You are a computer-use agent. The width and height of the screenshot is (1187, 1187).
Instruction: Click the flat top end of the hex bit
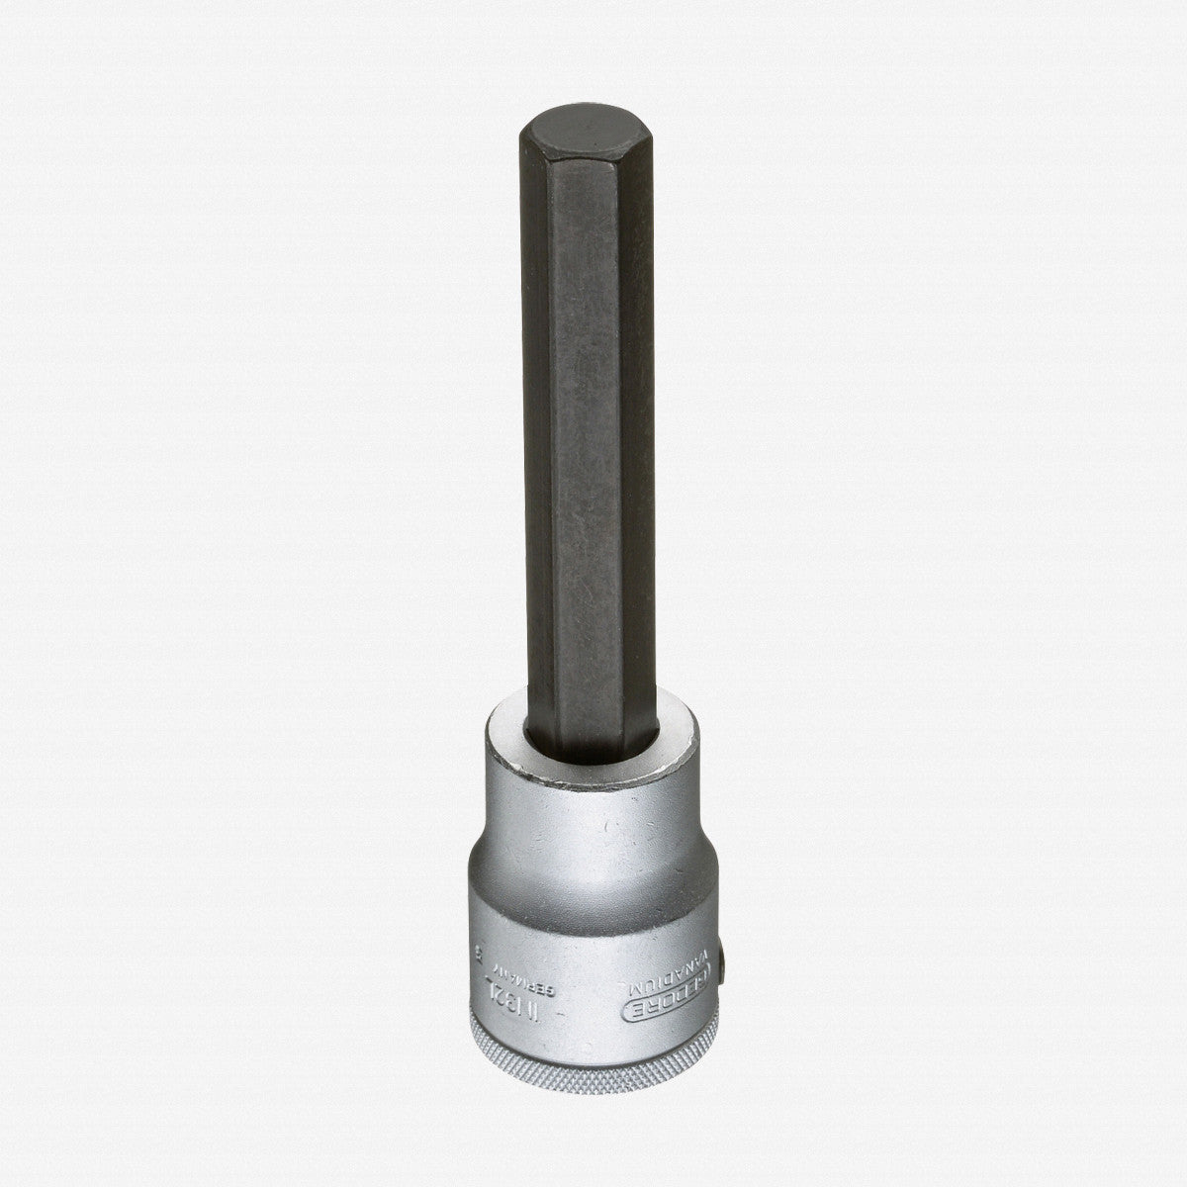(x=584, y=137)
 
